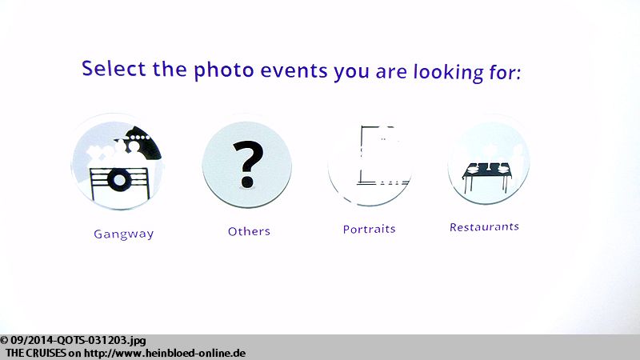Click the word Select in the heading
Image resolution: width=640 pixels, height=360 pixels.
click(114, 68)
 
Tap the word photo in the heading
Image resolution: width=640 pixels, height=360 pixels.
click(224, 70)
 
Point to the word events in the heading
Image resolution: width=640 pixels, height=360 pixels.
click(294, 70)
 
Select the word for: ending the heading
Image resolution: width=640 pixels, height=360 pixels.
click(505, 72)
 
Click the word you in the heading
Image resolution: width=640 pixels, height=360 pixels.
click(351, 73)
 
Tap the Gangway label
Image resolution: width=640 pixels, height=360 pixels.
click(124, 234)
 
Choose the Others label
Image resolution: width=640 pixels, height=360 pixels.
click(249, 231)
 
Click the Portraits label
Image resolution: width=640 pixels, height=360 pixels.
click(370, 229)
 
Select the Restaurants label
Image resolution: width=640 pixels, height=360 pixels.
click(485, 227)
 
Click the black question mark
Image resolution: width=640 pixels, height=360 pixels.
click(248, 164)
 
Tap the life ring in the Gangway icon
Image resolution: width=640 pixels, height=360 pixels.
click(119, 180)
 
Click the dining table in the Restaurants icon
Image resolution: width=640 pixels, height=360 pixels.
click(487, 176)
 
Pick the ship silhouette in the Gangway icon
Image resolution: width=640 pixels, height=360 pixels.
click(143, 143)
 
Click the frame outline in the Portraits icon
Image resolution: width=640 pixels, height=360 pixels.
click(362, 155)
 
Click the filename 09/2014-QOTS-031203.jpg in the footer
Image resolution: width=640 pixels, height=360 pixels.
click(78, 341)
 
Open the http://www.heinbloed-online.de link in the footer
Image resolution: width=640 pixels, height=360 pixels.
click(165, 353)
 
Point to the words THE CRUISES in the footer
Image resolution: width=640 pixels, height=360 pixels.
click(36, 353)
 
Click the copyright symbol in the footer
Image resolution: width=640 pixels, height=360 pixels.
click(4, 341)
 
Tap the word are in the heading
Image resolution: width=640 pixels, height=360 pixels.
click(391, 73)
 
